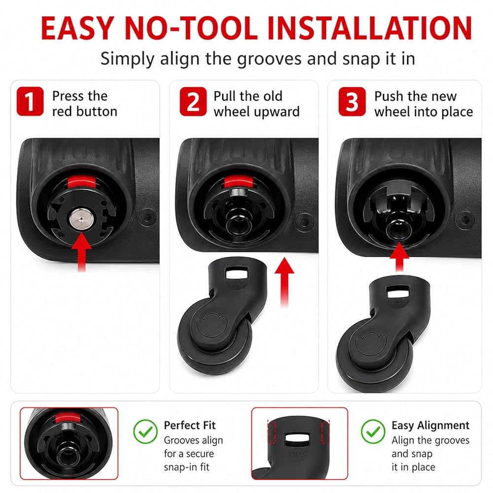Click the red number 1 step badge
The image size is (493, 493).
[30, 101]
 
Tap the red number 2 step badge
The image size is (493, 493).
[193, 101]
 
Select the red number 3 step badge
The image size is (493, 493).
[352, 101]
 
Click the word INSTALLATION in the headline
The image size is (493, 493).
[370, 28]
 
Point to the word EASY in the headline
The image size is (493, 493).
[77, 28]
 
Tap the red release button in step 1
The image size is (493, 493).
[81, 182]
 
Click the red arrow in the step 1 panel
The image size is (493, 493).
[81, 251]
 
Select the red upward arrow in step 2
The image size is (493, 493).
[284, 282]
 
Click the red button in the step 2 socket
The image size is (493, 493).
[238, 182]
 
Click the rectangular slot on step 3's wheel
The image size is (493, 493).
[398, 292]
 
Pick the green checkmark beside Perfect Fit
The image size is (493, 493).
[145, 432]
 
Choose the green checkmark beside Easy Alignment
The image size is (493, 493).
[373, 432]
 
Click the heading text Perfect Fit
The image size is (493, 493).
[190, 425]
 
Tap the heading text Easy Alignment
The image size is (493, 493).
[430, 425]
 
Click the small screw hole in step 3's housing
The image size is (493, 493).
[465, 219]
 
